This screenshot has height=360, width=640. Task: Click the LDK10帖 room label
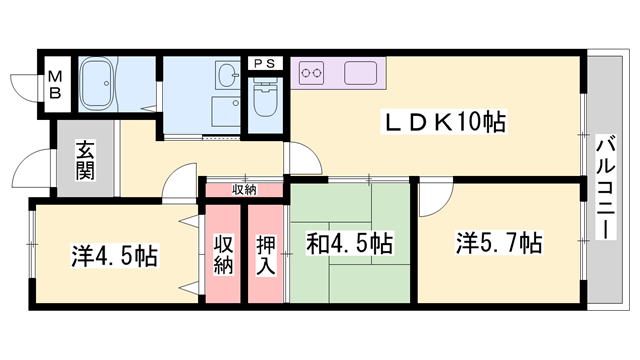point(444,121)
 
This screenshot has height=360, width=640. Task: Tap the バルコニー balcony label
point(606,189)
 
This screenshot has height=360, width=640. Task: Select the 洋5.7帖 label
point(499,243)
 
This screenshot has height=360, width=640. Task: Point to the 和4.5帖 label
point(350,243)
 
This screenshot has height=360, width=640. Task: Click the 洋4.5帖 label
point(115,256)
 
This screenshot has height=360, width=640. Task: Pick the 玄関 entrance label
point(85,160)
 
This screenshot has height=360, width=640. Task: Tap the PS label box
point(265,63)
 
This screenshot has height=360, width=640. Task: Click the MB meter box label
point(55,85)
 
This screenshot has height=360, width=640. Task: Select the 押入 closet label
point(266,255)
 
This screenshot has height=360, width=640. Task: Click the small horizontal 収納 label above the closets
point(244,190)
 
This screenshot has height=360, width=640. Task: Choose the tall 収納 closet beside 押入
point(223,254)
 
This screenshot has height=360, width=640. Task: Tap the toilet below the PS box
point(265,98)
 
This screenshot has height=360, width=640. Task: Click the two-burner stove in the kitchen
point(311,73)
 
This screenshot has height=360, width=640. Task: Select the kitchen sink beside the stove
point(360,73)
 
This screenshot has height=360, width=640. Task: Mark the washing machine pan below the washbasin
point(226,112)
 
